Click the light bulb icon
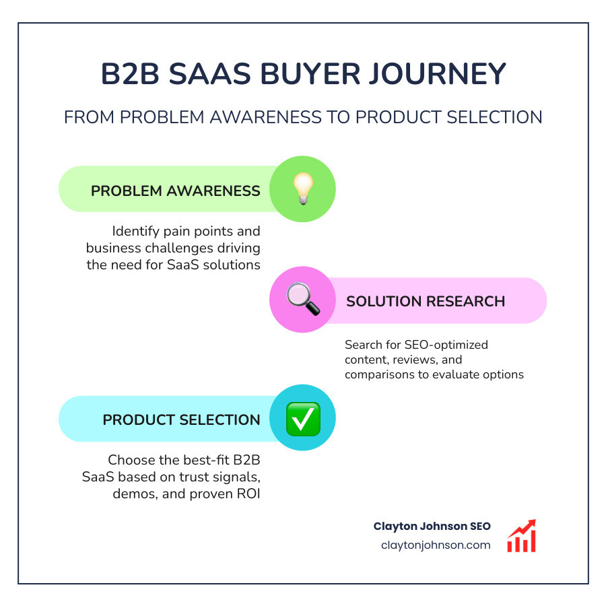pyautogui.click(x=302, y=189)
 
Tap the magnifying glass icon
pyautogui.click(x=302, y=300)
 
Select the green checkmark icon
pyautogui.click(x=302, y=419)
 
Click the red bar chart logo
pyautogui.click(x=521, y=536)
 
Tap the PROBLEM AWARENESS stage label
pyautogui.click(x=175, y=191)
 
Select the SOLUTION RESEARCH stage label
pyautogui.click(x=426, y=301)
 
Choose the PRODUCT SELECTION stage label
pyautogui.click(x=181, y=419)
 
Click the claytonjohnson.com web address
pyautogui.click(x=435, y=545)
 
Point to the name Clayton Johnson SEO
pyautogui.click(x=432, y=527)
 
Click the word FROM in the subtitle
pyautogui.click(x=86, y=117)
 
